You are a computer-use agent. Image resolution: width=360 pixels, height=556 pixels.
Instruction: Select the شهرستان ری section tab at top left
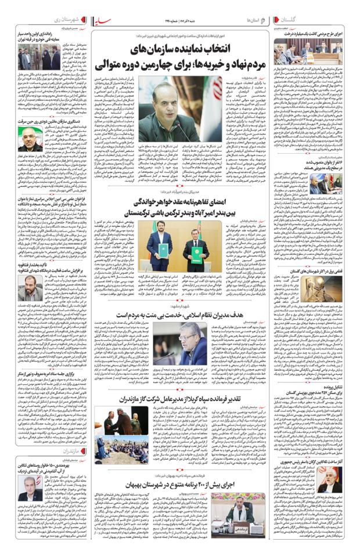62,20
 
